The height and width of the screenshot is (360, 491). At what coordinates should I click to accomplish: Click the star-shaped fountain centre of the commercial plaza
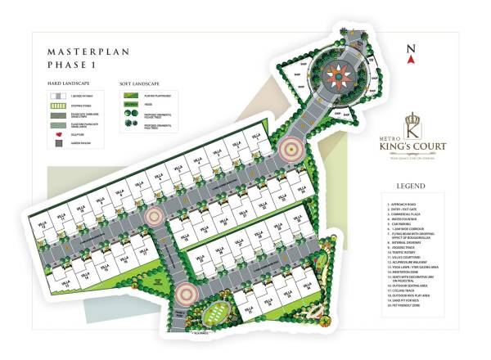coord(339,75)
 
